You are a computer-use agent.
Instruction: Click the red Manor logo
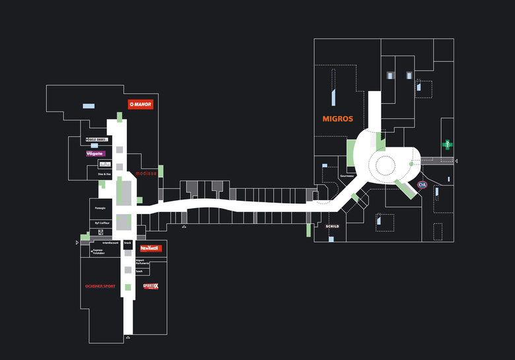[141, 104]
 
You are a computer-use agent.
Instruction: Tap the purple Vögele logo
[96, 154]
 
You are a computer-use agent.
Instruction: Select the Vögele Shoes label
[96, 139]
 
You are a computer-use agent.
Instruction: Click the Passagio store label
[100, 208]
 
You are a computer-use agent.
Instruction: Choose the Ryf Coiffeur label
[102, 223]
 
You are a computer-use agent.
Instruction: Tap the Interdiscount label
[110, 243]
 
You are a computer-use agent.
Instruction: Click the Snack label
[127, 243]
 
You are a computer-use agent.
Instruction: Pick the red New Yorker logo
[150, 248]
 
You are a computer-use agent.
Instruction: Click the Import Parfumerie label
[143, 262]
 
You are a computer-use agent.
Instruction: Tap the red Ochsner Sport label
[100, 286]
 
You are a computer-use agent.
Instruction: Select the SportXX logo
[151, 286]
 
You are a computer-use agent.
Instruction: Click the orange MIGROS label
[337, 120]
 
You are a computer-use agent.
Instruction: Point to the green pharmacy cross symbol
[447, 144]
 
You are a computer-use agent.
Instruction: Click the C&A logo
[423, 186]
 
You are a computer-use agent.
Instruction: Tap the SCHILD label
[332, 226]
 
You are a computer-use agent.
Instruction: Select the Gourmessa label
[347, 176]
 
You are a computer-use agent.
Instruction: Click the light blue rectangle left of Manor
[88, 106]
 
